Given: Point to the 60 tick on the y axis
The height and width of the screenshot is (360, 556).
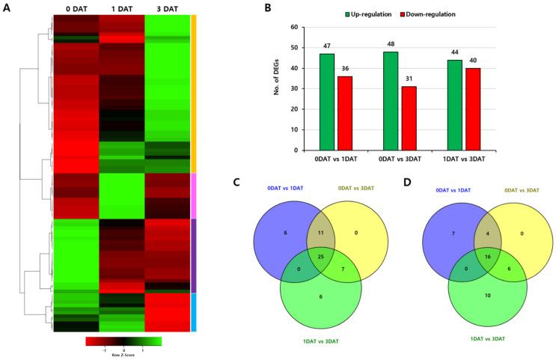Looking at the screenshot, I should click(x=293, y=28).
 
